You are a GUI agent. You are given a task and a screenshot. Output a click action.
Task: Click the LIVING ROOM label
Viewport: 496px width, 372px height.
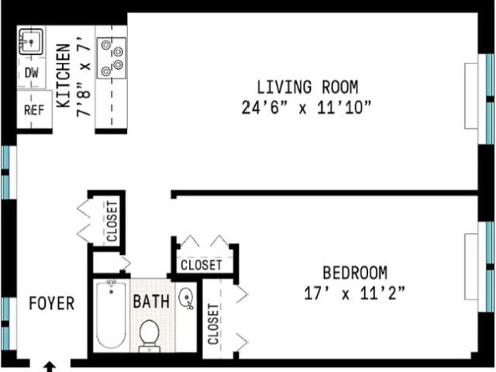point(307,87)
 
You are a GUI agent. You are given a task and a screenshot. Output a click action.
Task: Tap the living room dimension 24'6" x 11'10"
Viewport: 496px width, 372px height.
point(306,107)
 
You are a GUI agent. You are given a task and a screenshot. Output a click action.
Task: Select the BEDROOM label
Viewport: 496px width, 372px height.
point(355,273)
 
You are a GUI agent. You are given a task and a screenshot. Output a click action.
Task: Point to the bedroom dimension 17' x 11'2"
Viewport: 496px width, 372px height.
point(354,293)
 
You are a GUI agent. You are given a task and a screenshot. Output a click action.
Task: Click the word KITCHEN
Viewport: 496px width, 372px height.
point(64,76)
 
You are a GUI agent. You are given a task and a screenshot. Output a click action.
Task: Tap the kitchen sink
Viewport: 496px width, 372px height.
point(31,42)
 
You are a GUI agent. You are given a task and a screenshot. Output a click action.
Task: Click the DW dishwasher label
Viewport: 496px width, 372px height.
point(32,73)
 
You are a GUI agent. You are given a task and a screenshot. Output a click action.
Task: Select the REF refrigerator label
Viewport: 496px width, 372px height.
point(34,110)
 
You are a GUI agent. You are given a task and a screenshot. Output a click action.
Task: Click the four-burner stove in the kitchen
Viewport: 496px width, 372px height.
point(112,58)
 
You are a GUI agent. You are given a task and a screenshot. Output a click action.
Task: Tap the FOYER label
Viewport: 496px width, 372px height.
point(52,303)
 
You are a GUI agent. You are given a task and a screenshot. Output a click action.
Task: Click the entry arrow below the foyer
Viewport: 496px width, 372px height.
point(50,367)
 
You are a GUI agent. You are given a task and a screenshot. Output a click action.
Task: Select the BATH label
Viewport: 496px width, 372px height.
point(151,301)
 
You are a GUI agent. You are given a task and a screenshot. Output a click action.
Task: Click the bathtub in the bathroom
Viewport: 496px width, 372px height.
point(111,315)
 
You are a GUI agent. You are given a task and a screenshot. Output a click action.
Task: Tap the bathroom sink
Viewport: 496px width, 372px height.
point(186,298)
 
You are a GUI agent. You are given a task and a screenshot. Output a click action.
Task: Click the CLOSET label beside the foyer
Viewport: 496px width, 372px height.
point(112,222)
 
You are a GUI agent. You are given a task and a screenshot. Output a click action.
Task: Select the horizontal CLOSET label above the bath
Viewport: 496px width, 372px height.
point(201,265)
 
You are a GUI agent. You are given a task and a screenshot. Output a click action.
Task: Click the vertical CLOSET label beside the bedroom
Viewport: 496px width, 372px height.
point(214,324)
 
